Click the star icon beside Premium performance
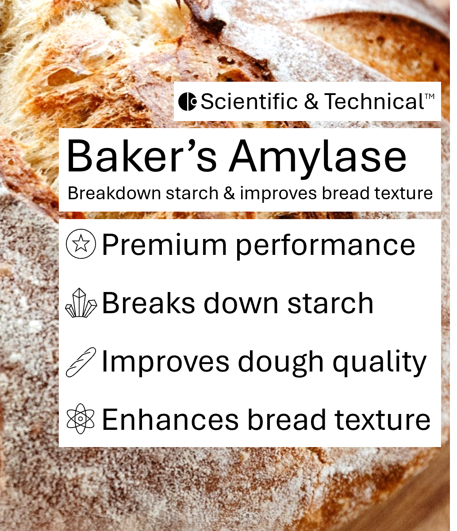[x=81, y=244]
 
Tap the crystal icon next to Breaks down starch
[x=81, y=303]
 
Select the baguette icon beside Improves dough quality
[x=81, y=362]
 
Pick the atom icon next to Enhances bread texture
[x=81, y=420]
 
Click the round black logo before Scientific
[x=188, y=102]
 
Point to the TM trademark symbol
[x=430, y=96]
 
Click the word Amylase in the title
[x=317, y=157]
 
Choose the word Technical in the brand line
[x=374, y=102]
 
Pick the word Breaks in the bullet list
[x=148, y=303]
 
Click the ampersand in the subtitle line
[x=229, y=193]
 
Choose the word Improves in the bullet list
[x=165, y=362]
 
